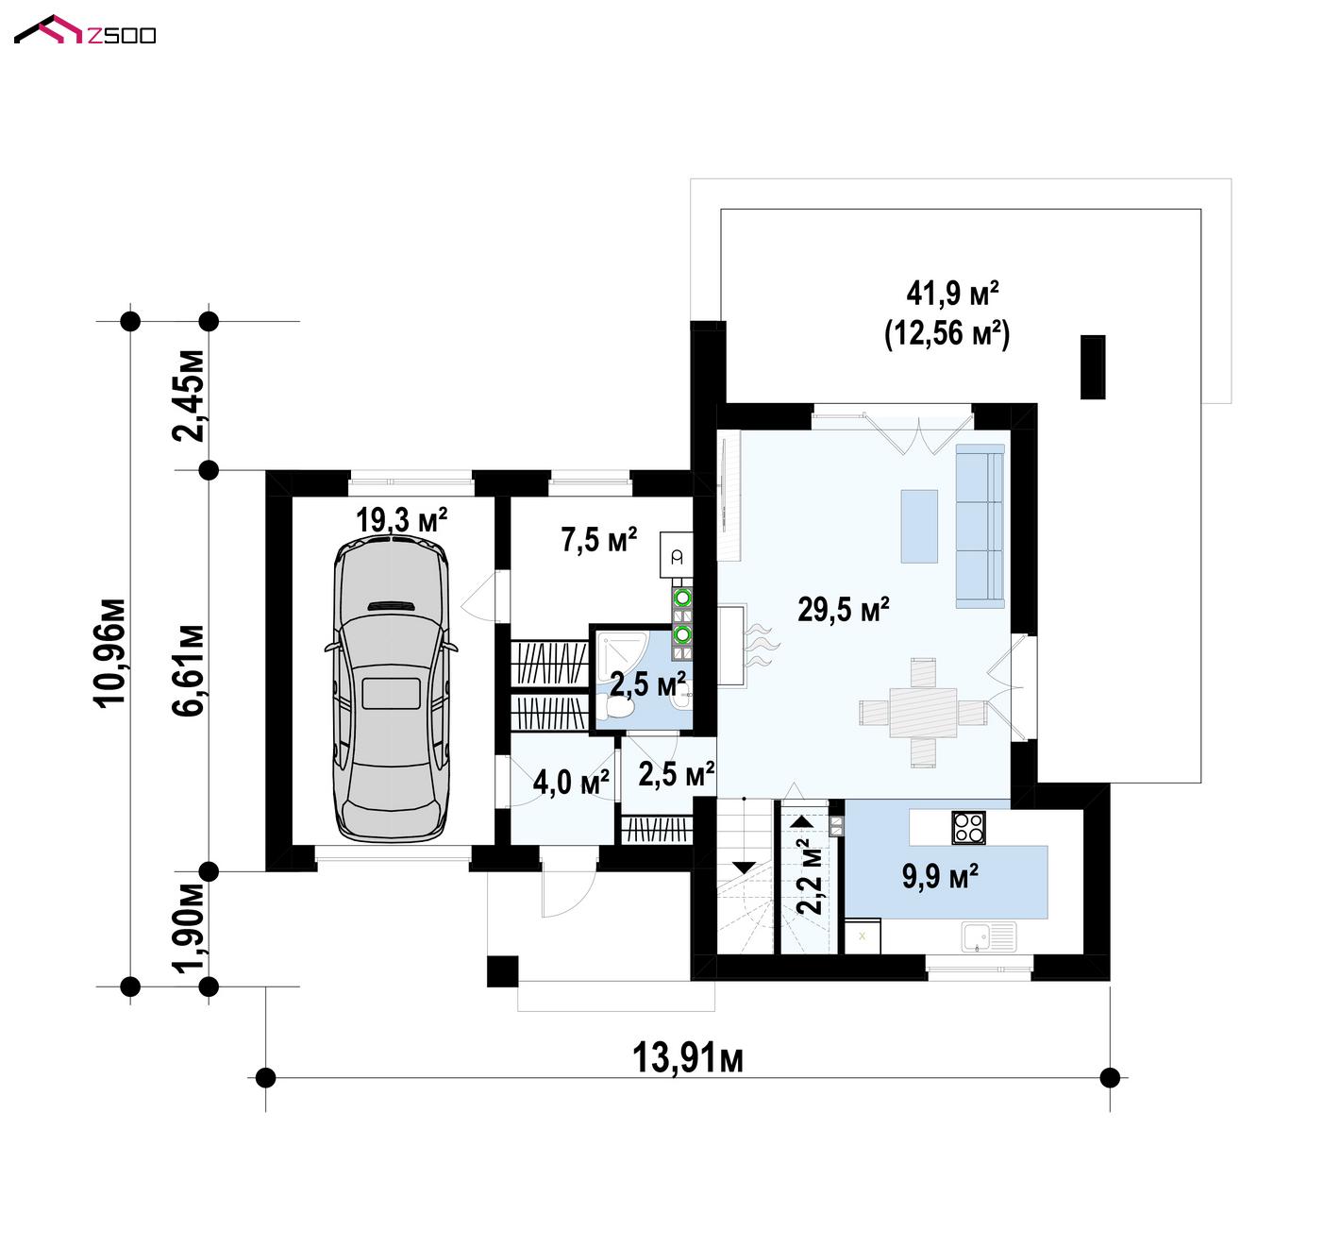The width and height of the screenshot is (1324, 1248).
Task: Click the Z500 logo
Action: (x=85, y=31)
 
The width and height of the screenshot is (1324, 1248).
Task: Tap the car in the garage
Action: (x=392, y=690)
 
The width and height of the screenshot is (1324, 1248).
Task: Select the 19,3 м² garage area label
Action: (x=401, y=519)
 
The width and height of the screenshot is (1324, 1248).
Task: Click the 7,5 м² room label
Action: (x=598, y=539)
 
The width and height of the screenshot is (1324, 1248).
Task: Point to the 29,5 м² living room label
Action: (x=844, y=609)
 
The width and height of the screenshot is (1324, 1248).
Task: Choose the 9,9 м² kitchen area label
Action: (x=940, y=876)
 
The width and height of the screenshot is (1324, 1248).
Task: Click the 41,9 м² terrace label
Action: (x=952, y=293)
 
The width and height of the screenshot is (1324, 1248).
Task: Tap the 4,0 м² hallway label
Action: (x=571, y=782)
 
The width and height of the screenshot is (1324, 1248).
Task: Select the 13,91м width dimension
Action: (x=687, y=1058)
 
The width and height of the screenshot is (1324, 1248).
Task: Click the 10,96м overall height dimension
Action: (x=110, y=653)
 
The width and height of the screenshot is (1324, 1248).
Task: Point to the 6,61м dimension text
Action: (x=189, y=670)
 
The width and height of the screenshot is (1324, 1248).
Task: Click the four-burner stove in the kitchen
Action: (x=968, y=828)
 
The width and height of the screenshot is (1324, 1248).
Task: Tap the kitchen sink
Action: (x=989, y=936)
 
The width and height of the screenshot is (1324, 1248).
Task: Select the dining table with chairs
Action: (x=923, y=713)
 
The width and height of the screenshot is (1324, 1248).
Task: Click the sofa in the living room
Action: (x=980, y=526)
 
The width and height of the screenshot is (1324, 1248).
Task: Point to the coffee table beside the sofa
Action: (x=919, y=526)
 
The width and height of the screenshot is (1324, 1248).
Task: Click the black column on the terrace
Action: (x=1093, y=367)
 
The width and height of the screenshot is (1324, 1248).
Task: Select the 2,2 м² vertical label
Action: (x=813, y=875)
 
